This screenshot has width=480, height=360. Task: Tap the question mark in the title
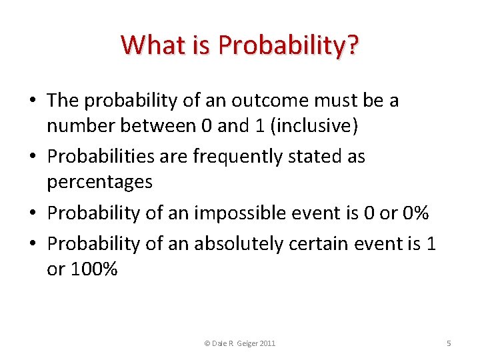click(352, 45)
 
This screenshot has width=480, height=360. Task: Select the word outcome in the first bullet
click(261, 101)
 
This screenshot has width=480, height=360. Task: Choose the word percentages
click(100, 181)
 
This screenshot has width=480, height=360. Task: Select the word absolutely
click(238, 244)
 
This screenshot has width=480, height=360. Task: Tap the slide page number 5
click(449, 343)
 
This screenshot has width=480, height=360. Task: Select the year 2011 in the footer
click(267, 343)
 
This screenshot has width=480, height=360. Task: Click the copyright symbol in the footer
click(207, 343)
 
